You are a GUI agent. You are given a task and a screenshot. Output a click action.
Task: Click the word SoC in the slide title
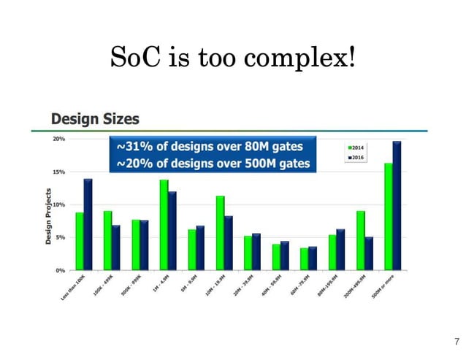click(x=133, y=56)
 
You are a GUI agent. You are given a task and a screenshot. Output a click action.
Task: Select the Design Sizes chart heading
click(x=94, y=118)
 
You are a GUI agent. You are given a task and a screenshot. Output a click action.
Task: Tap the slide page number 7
click(x=457, y=341)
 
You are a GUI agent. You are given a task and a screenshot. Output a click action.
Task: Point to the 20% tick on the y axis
click(x=59, y=139)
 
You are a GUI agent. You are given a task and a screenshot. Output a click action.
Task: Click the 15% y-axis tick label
click(x=59, y=172)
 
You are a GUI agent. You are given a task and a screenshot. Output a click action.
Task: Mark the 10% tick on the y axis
click(x=59, y=204)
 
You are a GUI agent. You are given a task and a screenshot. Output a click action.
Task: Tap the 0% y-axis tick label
click(x=61, y=270)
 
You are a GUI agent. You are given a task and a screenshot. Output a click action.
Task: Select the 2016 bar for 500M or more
click(x=397, y=206)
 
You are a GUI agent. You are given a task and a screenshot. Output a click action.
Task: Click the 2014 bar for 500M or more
click(x=389, y=217)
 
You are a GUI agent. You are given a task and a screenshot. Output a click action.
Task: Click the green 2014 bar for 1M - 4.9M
click(x=164, y=225)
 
